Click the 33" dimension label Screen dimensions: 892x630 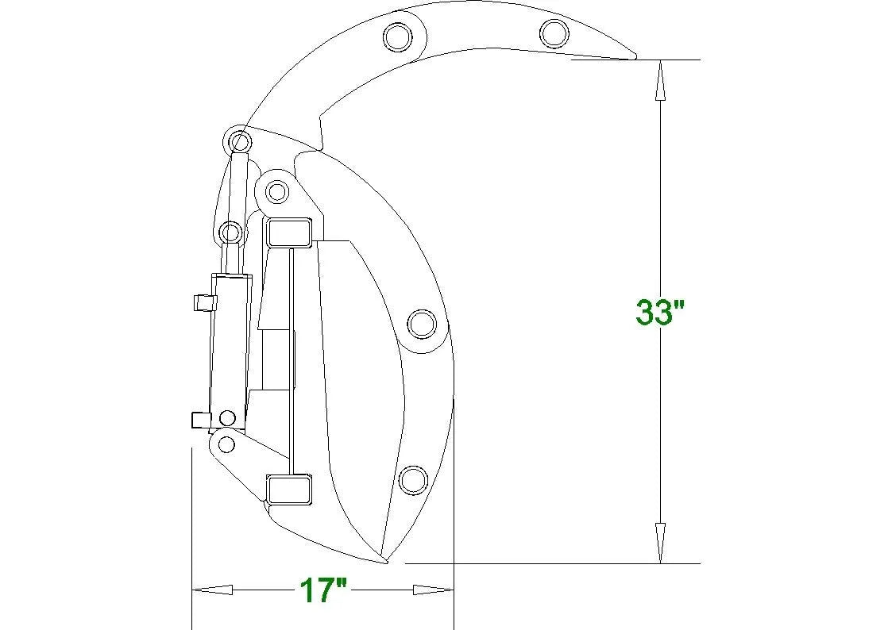click(660, 312)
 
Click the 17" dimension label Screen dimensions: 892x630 click(322, 590)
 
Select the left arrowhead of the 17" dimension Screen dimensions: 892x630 click(212, 590)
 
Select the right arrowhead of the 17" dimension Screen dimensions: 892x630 click(433, 590)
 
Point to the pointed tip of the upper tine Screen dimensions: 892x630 click(635, 57)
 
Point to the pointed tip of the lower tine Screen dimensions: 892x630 click(386, 562)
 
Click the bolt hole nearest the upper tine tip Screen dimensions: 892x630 click(554, 33)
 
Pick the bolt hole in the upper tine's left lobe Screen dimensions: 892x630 click(398, 37)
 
